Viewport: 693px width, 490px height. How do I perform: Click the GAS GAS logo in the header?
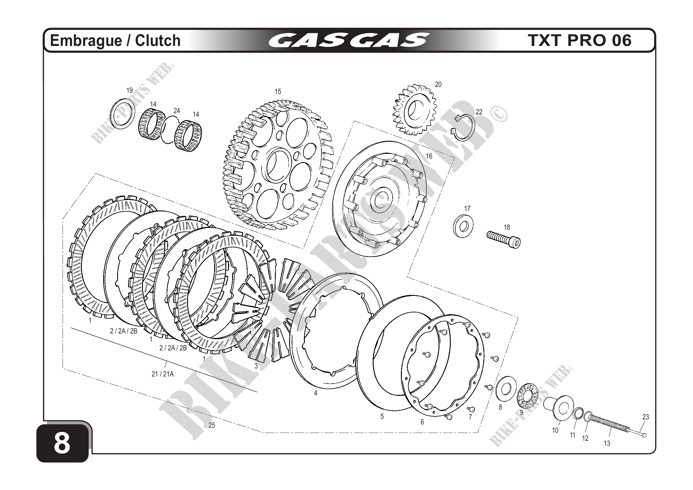point(348,41)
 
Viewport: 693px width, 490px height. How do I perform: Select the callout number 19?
point(130,90)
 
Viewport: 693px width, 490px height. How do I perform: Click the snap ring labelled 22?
point(465,128)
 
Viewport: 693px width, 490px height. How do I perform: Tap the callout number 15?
point(278,92)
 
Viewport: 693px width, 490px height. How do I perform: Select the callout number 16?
point(429,156)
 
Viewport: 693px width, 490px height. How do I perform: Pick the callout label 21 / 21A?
point(163,374)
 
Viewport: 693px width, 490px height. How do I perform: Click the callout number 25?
point(212,425)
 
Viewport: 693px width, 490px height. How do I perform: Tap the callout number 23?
point(646,417)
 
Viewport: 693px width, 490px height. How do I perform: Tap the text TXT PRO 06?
point(579,41)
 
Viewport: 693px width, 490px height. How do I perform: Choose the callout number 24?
point(176,111)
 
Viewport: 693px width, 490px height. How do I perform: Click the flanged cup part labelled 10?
point(559,407)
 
